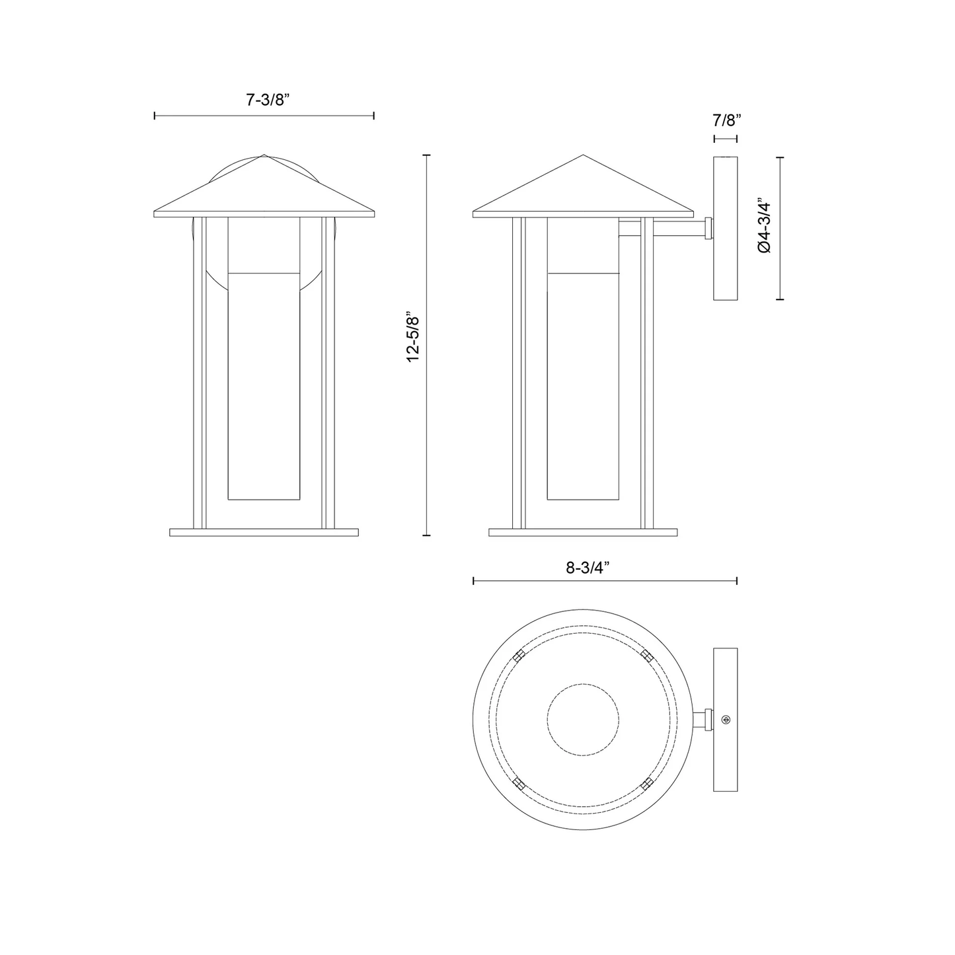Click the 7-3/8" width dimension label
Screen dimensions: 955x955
click(x=268, y=100)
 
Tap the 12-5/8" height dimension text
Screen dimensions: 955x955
click(x=413, y=337)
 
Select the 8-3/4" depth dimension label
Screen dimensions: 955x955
click(x=588, y=568)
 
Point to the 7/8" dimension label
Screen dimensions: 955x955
click(x=727, y=120)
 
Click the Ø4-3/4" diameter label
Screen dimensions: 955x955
click(x=764, y=227)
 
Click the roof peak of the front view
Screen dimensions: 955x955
click(x=264, y=155)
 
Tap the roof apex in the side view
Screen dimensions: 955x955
click(x=583, y=155)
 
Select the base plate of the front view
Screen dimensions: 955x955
click(x=264, y=532)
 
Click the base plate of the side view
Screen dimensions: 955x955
click(x=583, y=532)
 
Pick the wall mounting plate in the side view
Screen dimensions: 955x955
click(x=725, y=229)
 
